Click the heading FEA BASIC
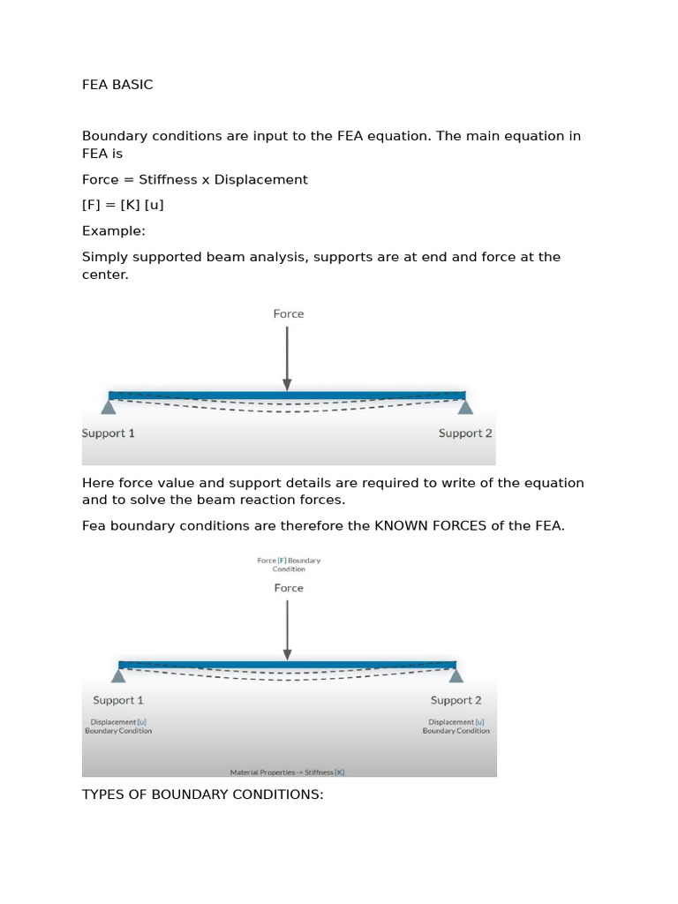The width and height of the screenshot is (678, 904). [x=117, y=85]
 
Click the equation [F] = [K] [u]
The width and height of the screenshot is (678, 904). [x=123, y=205]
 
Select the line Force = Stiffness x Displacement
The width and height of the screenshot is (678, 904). [x=194, y=179]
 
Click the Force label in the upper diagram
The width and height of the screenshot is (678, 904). [x=288, y=313]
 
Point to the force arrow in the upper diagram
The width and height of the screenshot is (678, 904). [x=287, y=358]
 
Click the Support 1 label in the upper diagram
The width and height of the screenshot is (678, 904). [x=108, y=433]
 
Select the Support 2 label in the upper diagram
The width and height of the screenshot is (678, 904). [x=465, y=433]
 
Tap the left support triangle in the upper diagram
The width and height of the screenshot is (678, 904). [x=109, y=406]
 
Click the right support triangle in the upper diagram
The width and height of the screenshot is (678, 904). [x=465, y=406]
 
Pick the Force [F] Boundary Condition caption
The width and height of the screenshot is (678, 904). [x=289, y=564]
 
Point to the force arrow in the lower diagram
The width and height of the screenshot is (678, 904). [x=287, y=629]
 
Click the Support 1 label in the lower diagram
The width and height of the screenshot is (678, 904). [x=118, y=700]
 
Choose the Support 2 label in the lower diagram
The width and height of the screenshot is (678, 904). [x=456, y=700]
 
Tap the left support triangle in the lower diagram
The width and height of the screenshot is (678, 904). [x=118, y=674]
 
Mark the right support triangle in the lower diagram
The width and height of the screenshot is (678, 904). [x=456, y=674]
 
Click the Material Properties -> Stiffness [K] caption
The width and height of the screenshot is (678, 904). [x=287, y=772]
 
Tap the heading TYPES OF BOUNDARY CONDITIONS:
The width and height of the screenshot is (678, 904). [x=202, y=795]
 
